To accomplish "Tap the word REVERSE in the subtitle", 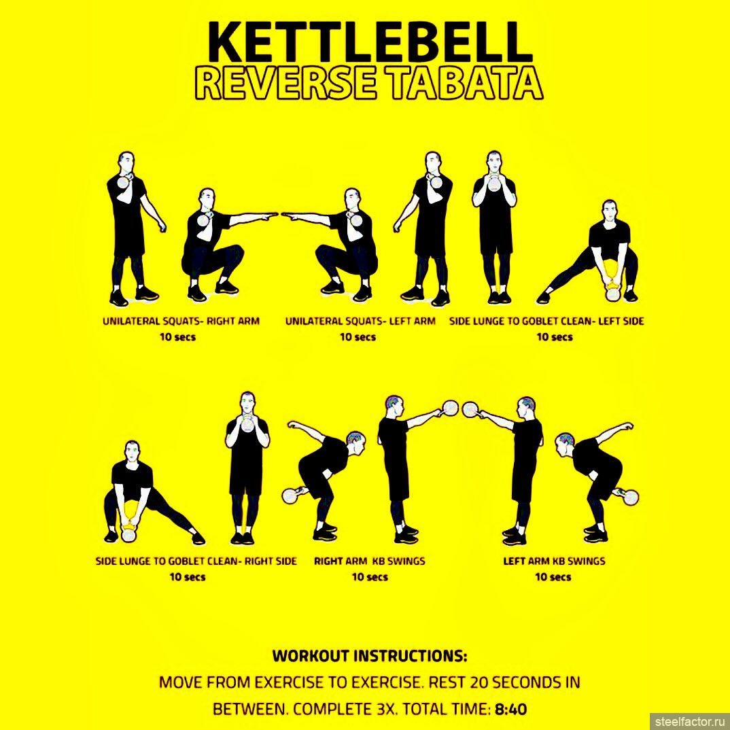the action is [285, 84].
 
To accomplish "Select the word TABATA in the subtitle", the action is [465, 84].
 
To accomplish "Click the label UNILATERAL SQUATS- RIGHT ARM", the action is [181, 321].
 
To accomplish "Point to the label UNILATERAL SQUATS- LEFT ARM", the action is [360, 321].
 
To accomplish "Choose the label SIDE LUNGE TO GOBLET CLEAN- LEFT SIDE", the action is [546, 321].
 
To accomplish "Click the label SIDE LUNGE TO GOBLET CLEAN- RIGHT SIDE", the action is [196, 561].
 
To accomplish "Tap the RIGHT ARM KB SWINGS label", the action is [370, 561].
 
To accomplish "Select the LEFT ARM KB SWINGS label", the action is [554, 561].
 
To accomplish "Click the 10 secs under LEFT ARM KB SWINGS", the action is [553, 577].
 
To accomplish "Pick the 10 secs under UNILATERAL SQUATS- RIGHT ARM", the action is [178, 337].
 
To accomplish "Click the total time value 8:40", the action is [510, 710].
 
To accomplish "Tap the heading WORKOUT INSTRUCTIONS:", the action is [370, 656].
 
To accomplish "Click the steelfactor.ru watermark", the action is [689, 721].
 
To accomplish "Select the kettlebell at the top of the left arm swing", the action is [470, 410].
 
